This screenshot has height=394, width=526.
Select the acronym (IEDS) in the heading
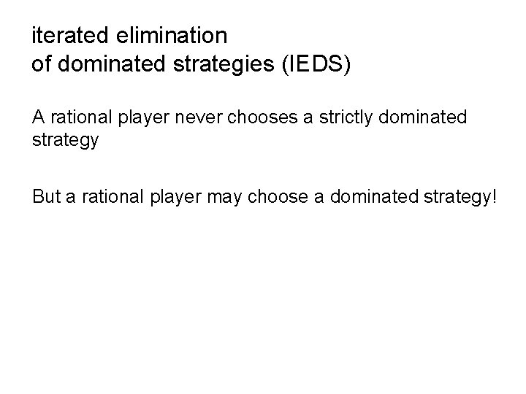coord(315,64)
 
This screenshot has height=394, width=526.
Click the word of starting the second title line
coord(41,64)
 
